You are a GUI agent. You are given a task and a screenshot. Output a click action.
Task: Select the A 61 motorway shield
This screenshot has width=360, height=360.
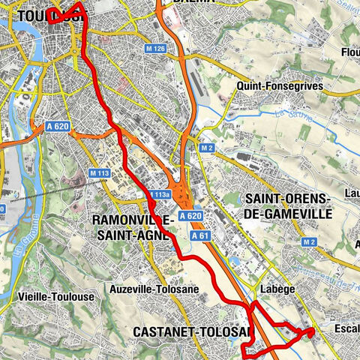point(199,235)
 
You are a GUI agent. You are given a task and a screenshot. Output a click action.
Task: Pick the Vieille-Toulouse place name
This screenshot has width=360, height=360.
point(55,296)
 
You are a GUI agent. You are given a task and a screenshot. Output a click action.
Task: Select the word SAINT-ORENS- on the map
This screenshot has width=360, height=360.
point(287,199)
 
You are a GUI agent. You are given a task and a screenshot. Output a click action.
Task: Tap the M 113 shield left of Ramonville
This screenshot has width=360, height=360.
point(99,173)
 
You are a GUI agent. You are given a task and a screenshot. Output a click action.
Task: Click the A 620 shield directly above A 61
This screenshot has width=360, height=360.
point(193,215)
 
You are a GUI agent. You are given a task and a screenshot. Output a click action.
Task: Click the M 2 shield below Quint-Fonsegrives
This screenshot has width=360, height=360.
point(207,148)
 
